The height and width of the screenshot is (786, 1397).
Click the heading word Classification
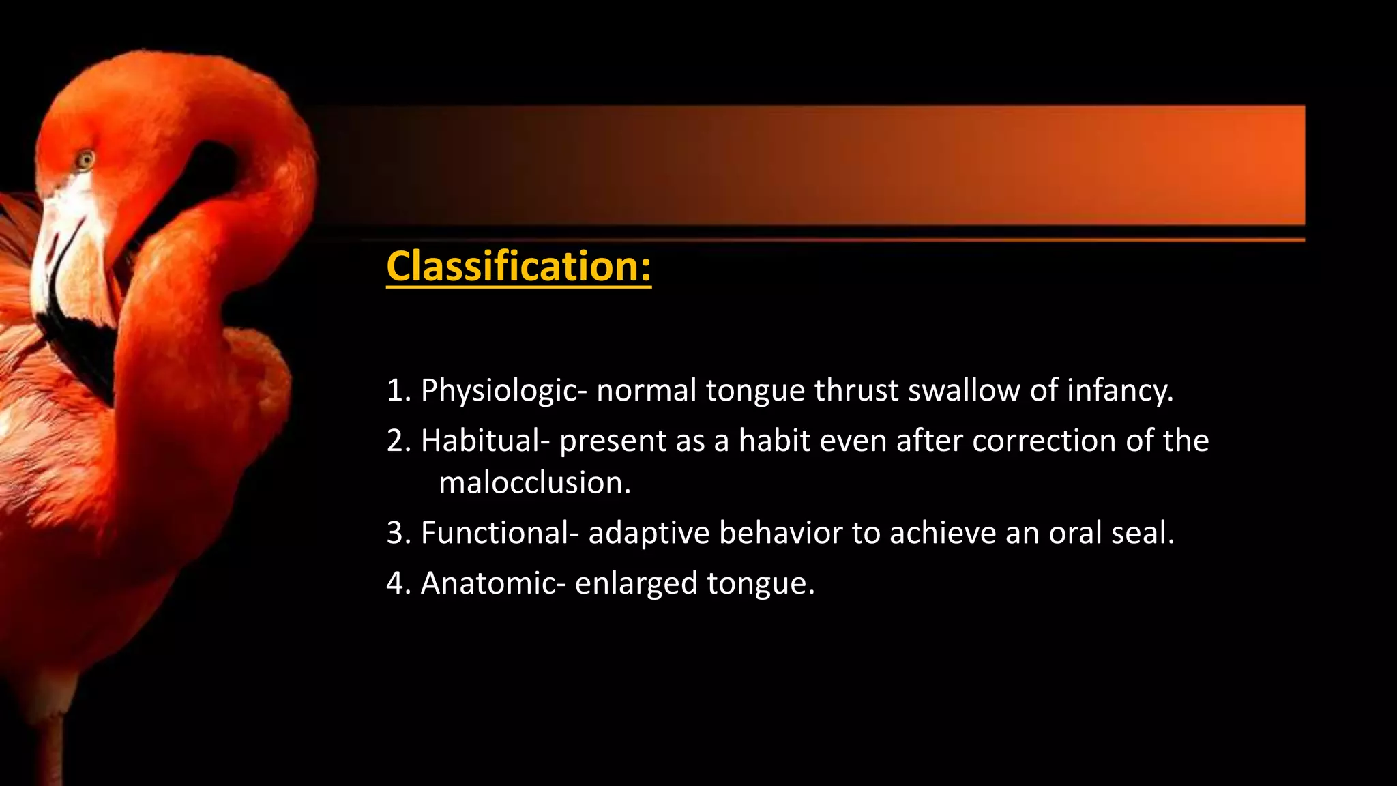click(518, 266)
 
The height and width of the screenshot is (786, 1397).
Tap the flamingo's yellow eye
click(85, 160)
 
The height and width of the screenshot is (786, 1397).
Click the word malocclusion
click(535, 483)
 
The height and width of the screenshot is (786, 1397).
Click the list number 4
click(395, 584)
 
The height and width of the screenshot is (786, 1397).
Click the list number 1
click(395, 391)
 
